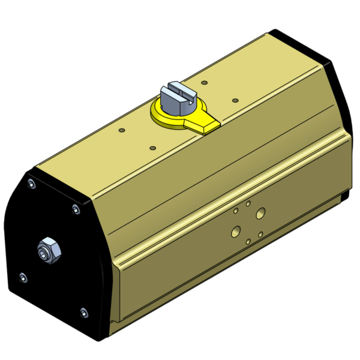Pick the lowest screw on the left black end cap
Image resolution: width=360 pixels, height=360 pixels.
[x=83, y=311]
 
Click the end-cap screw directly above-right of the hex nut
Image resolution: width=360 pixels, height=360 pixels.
[x=75, y=209]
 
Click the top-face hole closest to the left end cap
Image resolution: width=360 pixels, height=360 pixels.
[x=122, y=130]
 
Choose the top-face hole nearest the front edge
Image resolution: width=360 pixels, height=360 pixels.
[x=152, y=147]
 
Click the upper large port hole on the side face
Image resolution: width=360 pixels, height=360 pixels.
[x=260, y=212]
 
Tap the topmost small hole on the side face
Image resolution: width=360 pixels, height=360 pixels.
[x=248, y=204]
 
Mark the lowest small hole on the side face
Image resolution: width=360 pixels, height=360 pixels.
[x=248, y=241]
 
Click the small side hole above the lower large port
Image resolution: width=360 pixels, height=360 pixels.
[x=236, y=211]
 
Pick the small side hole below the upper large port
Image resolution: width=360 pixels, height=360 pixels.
[x=260, y=234]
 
